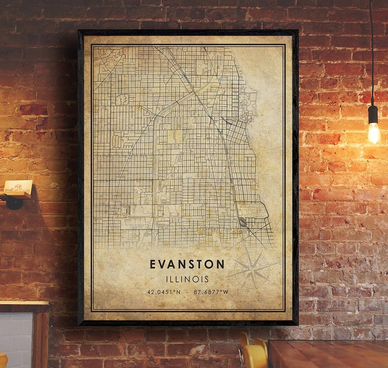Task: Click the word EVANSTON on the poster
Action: click(x=187, y=264)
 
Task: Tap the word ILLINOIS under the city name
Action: click(x=187, y=279)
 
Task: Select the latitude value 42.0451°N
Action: click(x=164, y=292)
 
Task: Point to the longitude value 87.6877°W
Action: click(x=211, y=292)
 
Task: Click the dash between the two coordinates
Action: click(x=187, y=292)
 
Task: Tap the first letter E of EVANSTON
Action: click(x=153, y=264)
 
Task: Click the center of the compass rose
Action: click(x=253, y=269)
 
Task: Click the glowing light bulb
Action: click(x=374, y=133)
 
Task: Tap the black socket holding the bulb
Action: click(x=373, y=115)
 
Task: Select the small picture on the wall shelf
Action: click(x=18, y=186)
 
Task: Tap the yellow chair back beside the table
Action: click(x=254, y=354)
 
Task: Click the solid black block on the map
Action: click(x=243, y=222)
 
